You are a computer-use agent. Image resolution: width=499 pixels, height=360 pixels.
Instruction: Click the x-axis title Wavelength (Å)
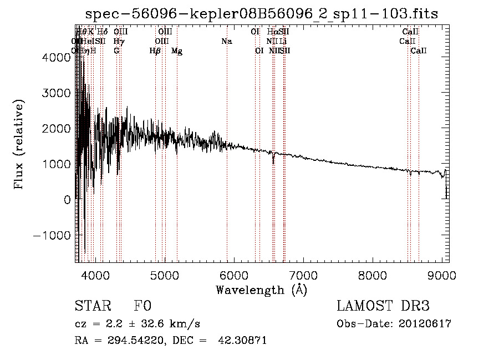click(x=261, y=290)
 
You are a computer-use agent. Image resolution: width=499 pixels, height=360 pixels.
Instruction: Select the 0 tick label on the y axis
click(x=68, y=199)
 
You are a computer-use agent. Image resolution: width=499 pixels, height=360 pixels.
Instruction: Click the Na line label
click(x=226, y=41)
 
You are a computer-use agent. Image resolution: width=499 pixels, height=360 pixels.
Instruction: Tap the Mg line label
click(x=177, y=51)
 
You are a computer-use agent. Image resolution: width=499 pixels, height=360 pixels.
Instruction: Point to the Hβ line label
click(x=155, y=51)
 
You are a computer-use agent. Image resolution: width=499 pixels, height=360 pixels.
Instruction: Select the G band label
click(x=116, y=51)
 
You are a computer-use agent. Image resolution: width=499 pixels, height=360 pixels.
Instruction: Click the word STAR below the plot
click(x=93, y=306)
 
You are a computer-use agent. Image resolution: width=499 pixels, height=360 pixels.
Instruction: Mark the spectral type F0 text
click(x=143, y=306)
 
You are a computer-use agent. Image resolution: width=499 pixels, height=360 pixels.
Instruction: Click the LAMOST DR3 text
click(x=383, y=306)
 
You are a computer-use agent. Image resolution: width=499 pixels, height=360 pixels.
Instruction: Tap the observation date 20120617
click(x=425, y=324)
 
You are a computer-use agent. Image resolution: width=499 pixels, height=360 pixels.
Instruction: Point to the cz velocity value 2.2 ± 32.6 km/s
click(x=149, y=324)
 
